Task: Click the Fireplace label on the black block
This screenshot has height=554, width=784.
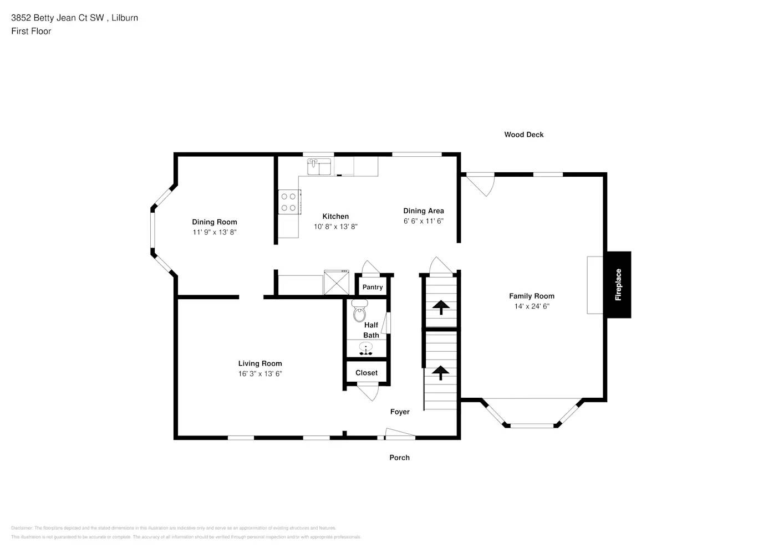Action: coord(618,285)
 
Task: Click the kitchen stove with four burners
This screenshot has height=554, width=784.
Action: coord(288,202)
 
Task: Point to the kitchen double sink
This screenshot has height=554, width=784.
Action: coord(319,166)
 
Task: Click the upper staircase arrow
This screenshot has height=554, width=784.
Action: coord(441,307)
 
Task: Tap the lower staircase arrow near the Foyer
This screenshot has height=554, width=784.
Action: coord(441,372)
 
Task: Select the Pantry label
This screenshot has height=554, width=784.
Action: coord(373,287)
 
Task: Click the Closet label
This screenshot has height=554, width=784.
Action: coord(366,373)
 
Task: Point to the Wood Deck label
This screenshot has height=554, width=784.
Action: coord(524,135)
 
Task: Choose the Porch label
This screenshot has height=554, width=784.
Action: coord(399,458)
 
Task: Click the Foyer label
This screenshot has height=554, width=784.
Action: coord(400,412)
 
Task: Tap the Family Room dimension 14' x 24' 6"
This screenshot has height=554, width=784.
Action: coord(532,306)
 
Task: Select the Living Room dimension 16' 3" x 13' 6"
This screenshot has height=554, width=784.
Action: coord(260,374)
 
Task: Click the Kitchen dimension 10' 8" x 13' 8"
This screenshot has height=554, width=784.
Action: coord(335,227)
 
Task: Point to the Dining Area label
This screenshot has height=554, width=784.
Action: coord(424,211)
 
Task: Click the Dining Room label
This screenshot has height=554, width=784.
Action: coord(215,222)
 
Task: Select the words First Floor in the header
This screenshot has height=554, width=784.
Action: coord(31,31)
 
